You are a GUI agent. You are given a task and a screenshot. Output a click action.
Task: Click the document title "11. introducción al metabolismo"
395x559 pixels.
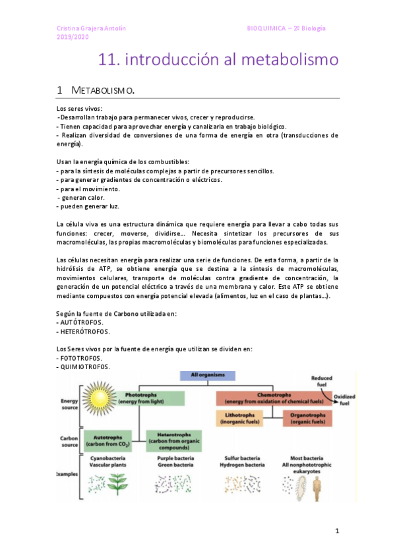(218, 61)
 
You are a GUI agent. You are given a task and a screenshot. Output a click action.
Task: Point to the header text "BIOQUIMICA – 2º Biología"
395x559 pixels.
(286, 28)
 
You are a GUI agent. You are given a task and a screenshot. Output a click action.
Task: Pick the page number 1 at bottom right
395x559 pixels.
(336, 531)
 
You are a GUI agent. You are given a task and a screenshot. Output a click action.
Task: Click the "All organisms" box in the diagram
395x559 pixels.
(208, 375)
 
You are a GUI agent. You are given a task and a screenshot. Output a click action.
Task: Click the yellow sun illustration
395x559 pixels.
(102, 398)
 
